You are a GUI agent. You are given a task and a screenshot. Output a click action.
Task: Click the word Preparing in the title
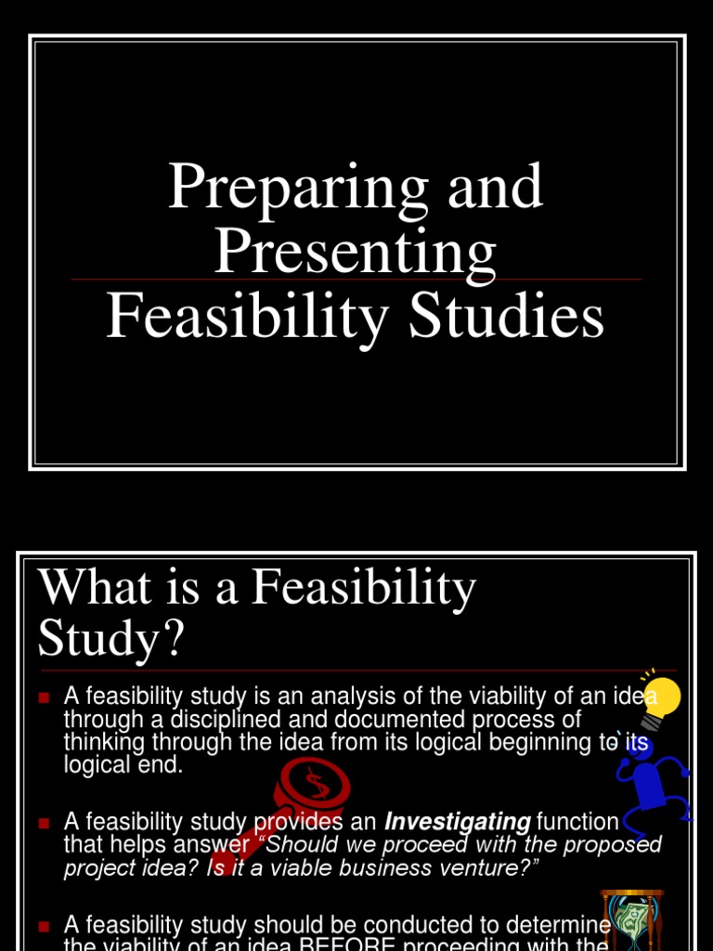297,187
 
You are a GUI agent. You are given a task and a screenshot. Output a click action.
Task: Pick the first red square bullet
43,696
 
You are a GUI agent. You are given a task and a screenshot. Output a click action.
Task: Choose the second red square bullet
43,823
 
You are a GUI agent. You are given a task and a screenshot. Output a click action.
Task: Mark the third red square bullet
43,925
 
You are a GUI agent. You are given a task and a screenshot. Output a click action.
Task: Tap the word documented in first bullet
379,719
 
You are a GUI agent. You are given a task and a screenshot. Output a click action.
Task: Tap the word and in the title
495,187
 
